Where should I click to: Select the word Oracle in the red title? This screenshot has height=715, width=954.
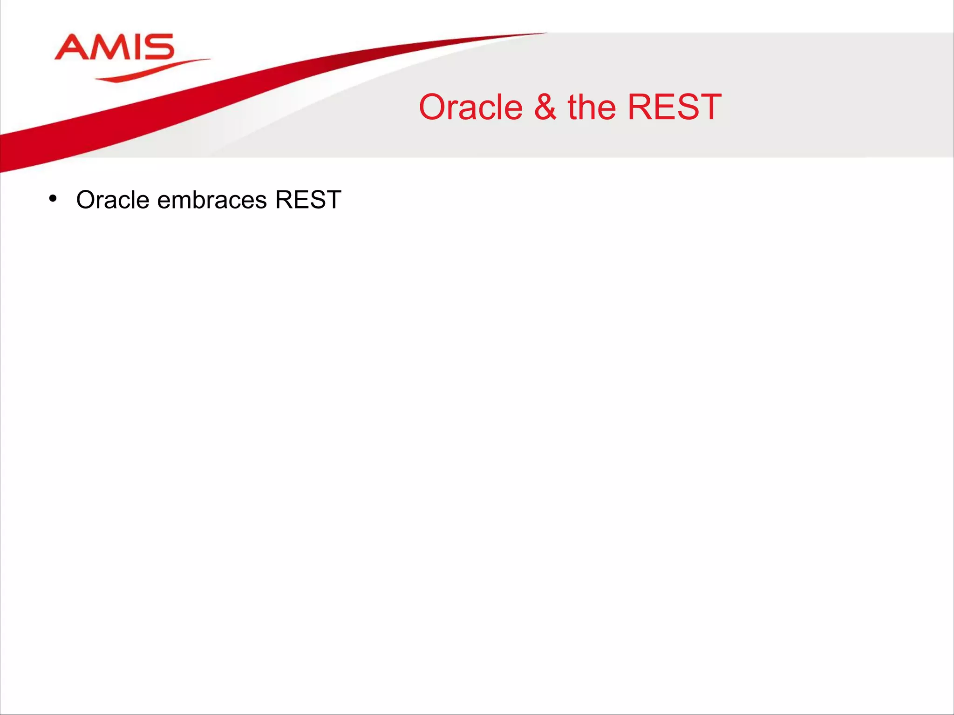(471, 108)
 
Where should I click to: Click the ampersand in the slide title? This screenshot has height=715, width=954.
(545, 108)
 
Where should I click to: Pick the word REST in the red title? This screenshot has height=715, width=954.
(675, 108)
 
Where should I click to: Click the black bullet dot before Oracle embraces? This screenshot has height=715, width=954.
(53, 199)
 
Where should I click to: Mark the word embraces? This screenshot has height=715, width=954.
(212, 200)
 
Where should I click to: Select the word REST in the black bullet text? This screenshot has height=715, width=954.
(308, 200)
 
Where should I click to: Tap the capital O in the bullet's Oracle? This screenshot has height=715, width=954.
(86, 200)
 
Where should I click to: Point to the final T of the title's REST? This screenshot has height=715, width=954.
(708, 108)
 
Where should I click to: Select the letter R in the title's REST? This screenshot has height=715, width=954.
(641, 108)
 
